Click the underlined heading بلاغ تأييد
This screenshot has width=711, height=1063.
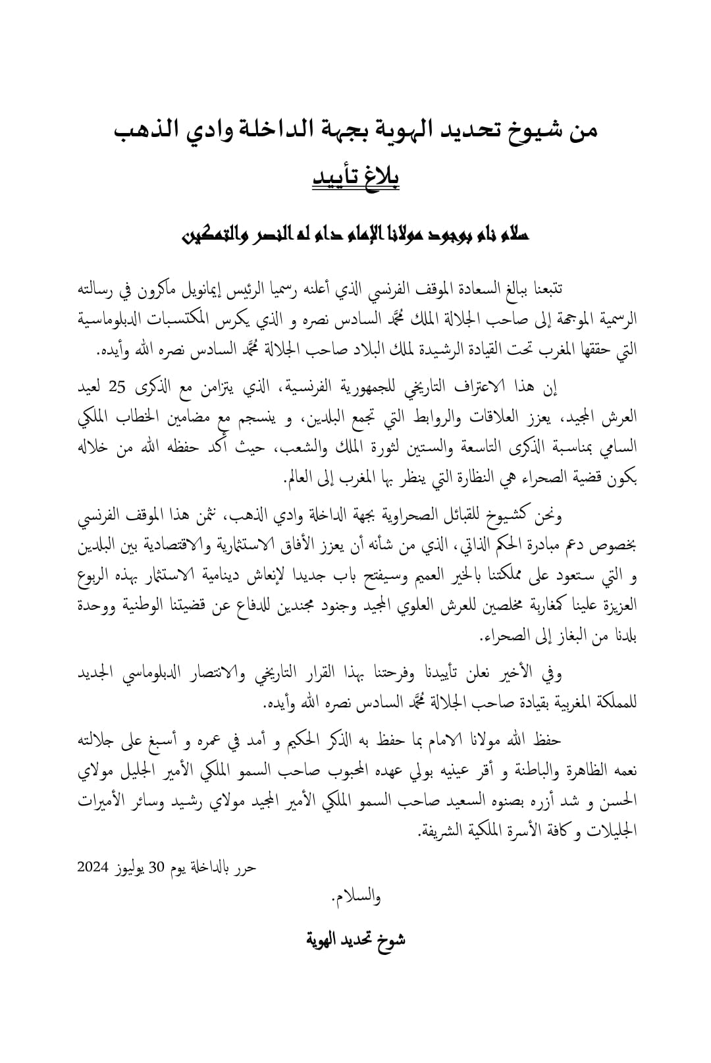coord(355,178)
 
